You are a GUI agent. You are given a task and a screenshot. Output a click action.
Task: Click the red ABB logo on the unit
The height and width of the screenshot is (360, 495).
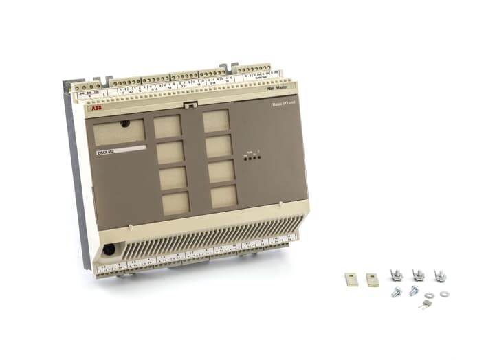tap(94, 109)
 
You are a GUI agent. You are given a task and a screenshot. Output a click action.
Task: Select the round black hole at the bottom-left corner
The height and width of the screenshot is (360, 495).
tap(109, 250)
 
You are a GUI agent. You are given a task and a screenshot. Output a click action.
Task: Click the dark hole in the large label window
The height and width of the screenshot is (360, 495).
tap(124, 124)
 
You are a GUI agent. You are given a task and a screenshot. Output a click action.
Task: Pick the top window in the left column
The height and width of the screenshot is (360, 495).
tap(167, 126)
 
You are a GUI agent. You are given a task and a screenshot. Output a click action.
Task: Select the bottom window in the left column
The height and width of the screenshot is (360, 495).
tap(175, 202)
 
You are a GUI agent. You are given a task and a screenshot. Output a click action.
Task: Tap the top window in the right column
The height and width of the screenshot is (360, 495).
tap(216, 120)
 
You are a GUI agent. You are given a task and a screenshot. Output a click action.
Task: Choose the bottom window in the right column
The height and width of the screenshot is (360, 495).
tap(224, 196)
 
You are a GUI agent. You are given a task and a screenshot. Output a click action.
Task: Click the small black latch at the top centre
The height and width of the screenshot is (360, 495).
tap(191, 105)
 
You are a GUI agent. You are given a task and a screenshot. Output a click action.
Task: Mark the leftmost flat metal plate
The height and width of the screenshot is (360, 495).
tap(351, 279)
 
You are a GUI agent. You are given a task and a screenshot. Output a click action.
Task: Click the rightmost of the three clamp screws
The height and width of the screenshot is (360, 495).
tap(440, 275)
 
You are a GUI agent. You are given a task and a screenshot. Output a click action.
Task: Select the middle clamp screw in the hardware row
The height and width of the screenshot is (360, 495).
tap(417, 275)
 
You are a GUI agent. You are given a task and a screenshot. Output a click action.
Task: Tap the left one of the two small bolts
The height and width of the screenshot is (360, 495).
tap(397, 292)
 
